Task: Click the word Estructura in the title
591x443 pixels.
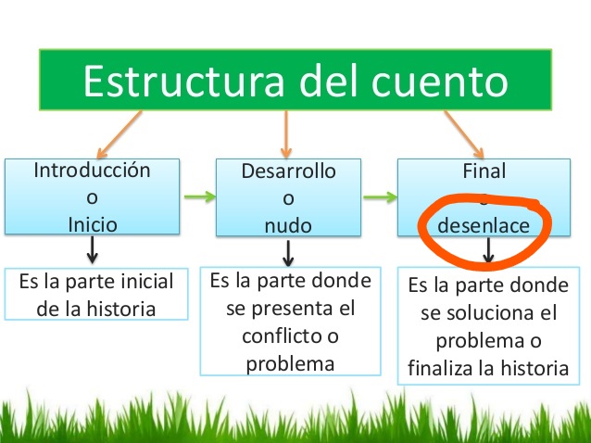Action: [x=183, y=81]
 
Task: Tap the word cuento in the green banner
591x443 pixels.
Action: [x=439, y=82]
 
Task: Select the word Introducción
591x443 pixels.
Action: [x=92, y=170]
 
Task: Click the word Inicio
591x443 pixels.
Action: [x=93, y=224]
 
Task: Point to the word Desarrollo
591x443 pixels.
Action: [x=288, y=171]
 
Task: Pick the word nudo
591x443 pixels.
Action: [x=288, y=225]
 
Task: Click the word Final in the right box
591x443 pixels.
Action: [x=484, y=171]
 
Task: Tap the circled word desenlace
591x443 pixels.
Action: [x=484, y=225]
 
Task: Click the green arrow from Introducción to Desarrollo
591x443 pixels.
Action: [x=200, y=196]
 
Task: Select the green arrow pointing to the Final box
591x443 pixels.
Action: [x=380, y=196]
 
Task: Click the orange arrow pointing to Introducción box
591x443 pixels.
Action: [x=119, y=134]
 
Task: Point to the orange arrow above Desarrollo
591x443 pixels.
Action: [x=286, y=134]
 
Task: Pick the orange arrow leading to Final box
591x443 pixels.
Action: [x=464, y=134]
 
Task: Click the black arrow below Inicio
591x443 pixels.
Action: [x=93, y=250]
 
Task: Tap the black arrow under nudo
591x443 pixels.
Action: [x=288, y=253]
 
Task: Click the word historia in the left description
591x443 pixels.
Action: [x=121, y=310]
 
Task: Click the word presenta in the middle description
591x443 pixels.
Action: [x=292, y=310]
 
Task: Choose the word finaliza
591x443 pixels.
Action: [x=439, y=368]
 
